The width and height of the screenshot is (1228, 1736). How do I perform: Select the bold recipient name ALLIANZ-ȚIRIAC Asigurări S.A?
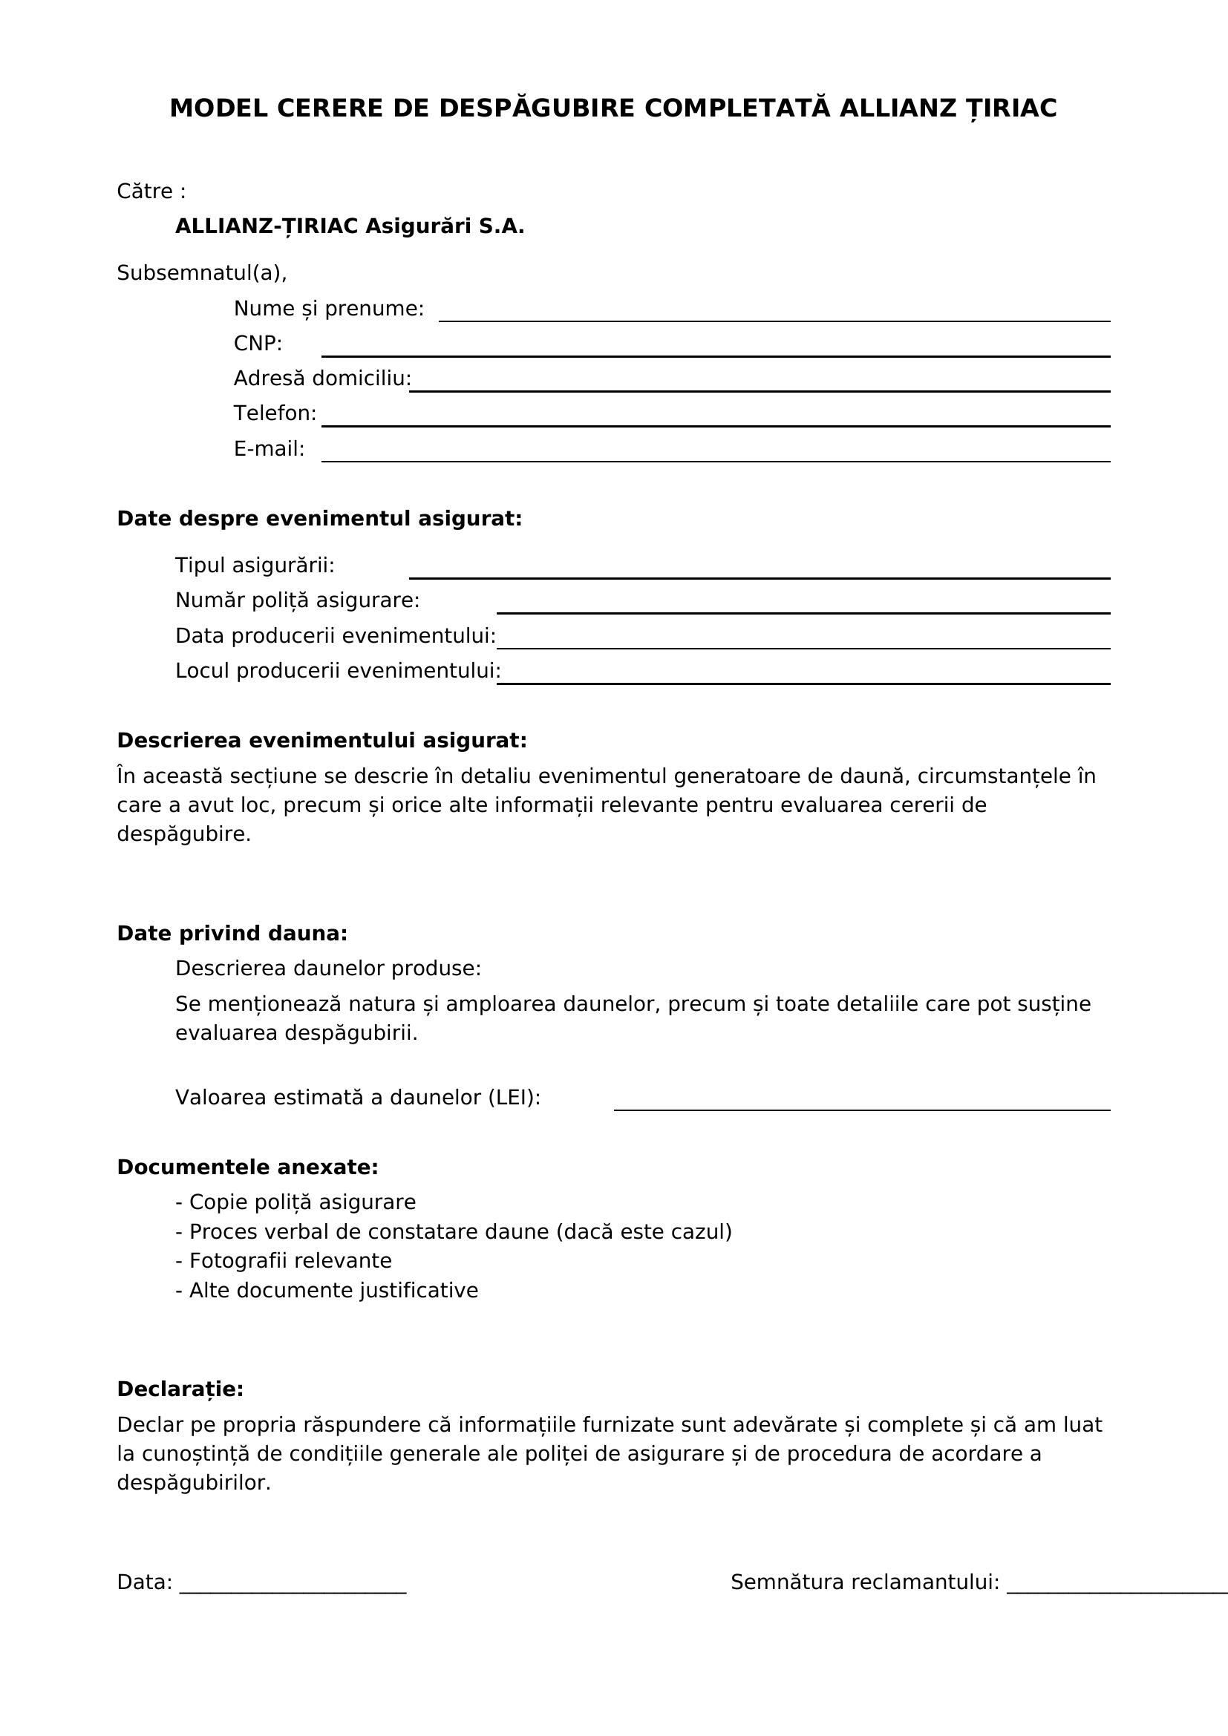click(350, 226)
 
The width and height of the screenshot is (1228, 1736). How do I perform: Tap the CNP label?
click(257, 344)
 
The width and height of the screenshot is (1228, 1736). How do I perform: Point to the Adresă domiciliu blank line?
click(760, 387)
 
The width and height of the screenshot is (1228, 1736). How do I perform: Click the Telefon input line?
click(715, 422)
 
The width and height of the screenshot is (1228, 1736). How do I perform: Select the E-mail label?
click(269, 449)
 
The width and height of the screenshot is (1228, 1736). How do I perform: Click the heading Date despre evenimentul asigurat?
click(319, 519)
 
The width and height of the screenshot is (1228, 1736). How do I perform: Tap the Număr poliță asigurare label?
click(297, 600)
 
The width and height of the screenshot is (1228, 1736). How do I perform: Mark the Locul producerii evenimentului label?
click(338, 671)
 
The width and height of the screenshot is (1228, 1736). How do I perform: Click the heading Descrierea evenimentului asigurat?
click(321, 740)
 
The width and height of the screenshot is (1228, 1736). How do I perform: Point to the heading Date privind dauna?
click(232, 933)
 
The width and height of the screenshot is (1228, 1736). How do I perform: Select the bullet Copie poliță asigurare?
click(295, 1202)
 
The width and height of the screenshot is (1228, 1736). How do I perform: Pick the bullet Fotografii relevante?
click(284, 1260)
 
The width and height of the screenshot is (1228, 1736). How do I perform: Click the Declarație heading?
click(180, 1389)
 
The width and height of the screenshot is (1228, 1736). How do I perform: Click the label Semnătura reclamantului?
click(864, 1582)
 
